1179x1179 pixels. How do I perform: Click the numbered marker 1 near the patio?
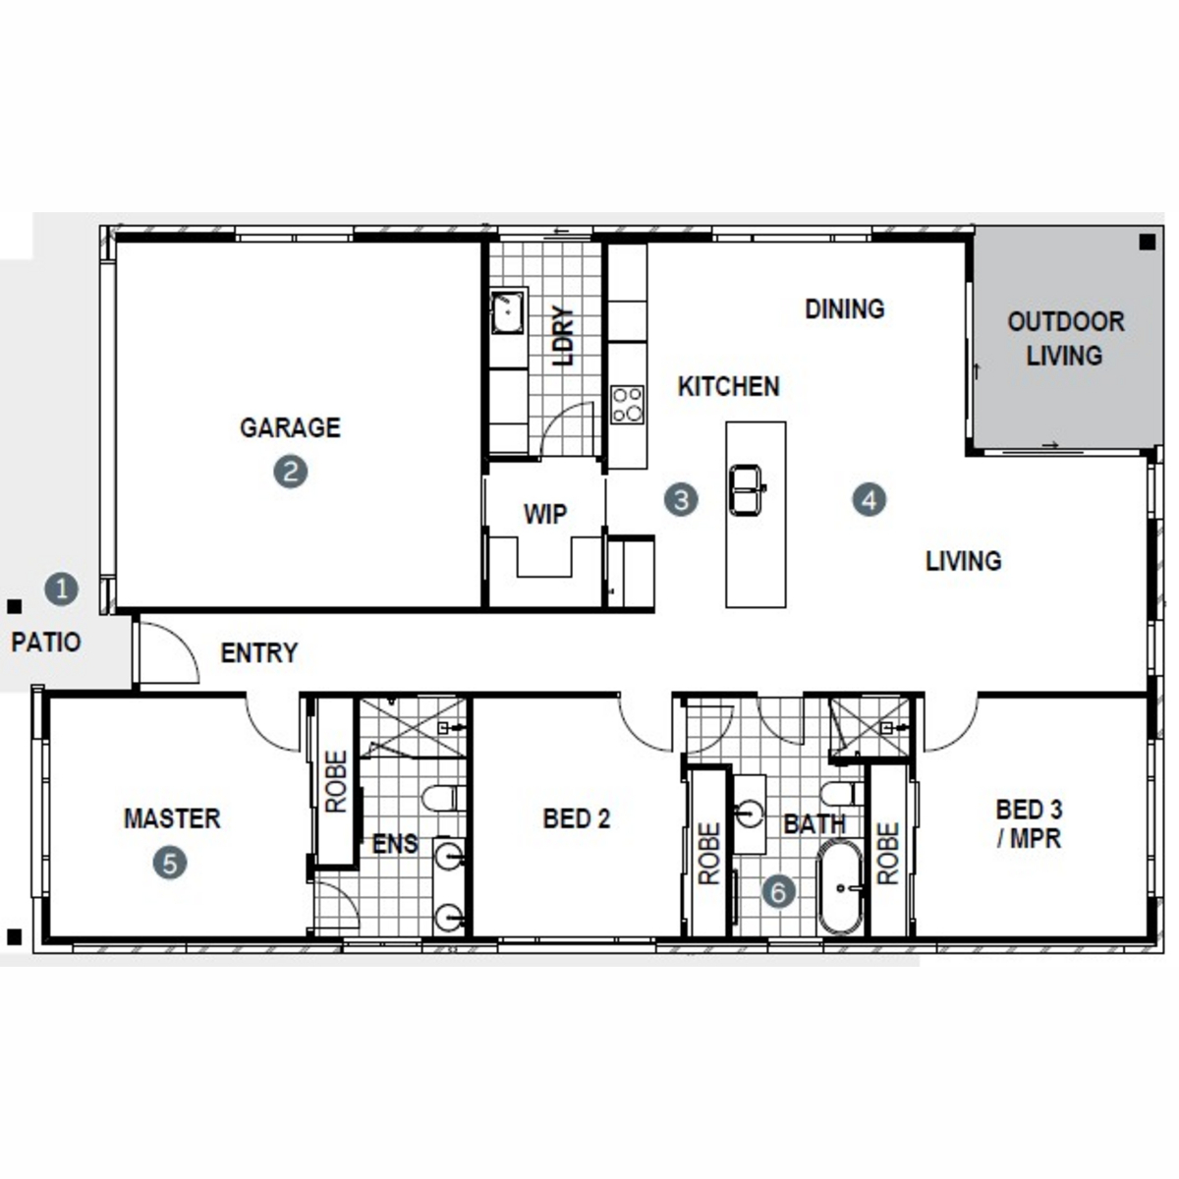point(62,589)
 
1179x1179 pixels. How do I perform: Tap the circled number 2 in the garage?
point(291,472)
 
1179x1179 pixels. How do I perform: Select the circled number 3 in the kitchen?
point(681,500)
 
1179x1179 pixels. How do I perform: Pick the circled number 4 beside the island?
point(870,500)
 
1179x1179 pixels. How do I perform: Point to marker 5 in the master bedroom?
point(170,863)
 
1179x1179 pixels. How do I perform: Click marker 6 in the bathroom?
point(779,891)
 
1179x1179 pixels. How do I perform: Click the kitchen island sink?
point(747,489)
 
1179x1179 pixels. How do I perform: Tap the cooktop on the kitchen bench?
point(628,405)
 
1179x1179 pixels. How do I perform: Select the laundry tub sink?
point(508,312)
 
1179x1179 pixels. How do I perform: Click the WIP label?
point(545,514)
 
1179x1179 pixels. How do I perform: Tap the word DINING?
point(845,309)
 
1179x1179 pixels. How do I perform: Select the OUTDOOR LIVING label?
point(1066,338)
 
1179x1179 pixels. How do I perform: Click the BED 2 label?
point(577,818)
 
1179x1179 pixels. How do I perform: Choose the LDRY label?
point(564,335)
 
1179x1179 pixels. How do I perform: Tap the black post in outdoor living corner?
point(1148,243)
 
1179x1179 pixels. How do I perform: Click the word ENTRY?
point(259,652)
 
